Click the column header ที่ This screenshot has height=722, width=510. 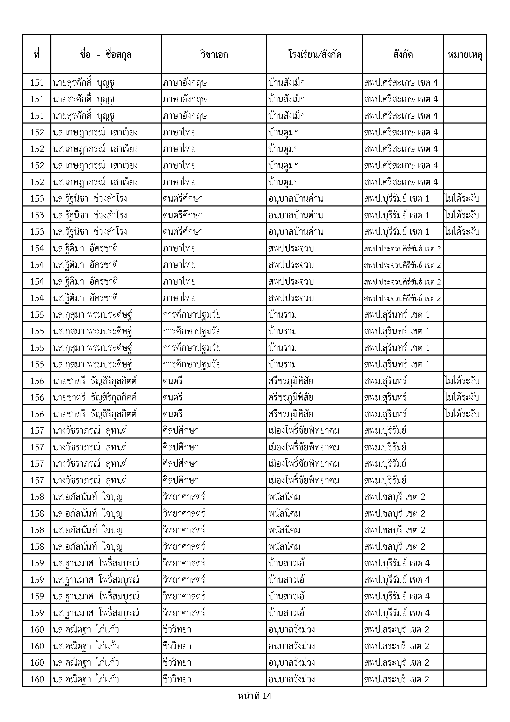37,54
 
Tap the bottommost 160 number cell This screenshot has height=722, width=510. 37,679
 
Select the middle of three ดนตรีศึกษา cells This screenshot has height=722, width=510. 183,215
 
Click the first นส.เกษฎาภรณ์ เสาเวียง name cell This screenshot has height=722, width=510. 95,132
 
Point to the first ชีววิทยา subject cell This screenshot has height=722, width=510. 177,630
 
